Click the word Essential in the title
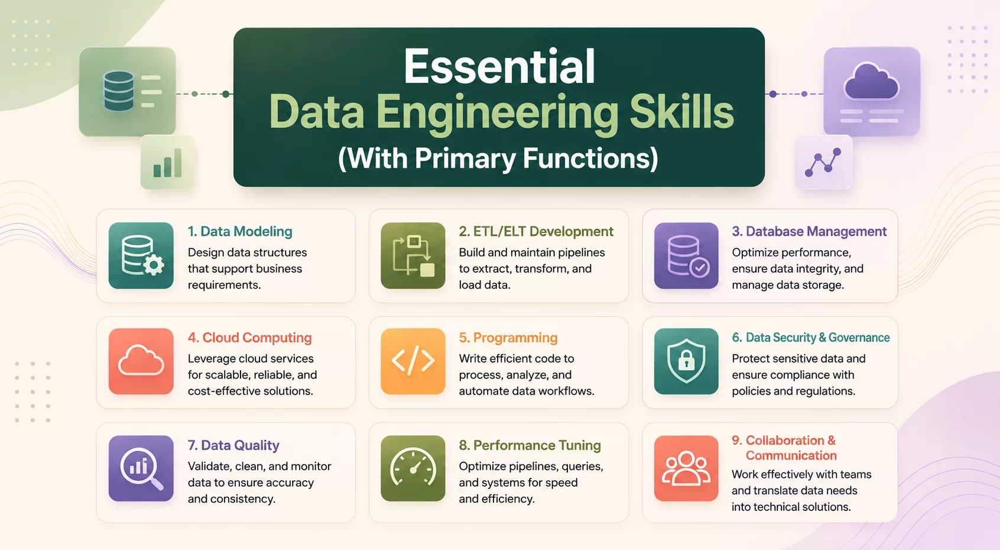tap(499, 66)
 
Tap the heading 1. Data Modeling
tap(240, 231)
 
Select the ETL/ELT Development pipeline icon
tap(413, 255)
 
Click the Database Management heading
tap(809, 231)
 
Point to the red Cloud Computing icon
tap(141, 361)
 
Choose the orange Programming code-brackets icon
tap(413, 361)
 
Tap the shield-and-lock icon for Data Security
tap(686, 361)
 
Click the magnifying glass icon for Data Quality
tap(141, 468)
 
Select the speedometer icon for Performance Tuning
tap(413, 468)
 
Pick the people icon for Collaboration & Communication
tap(686, 468)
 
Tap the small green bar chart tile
tap(167, 162)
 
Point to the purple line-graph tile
tap(823, 162)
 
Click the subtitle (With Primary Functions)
tap(498, 158)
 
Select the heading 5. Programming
tap(508, 338)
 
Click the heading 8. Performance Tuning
tap(530, 445)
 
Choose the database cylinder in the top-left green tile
tap(119, 91)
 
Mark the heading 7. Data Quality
tap(233, 445)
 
